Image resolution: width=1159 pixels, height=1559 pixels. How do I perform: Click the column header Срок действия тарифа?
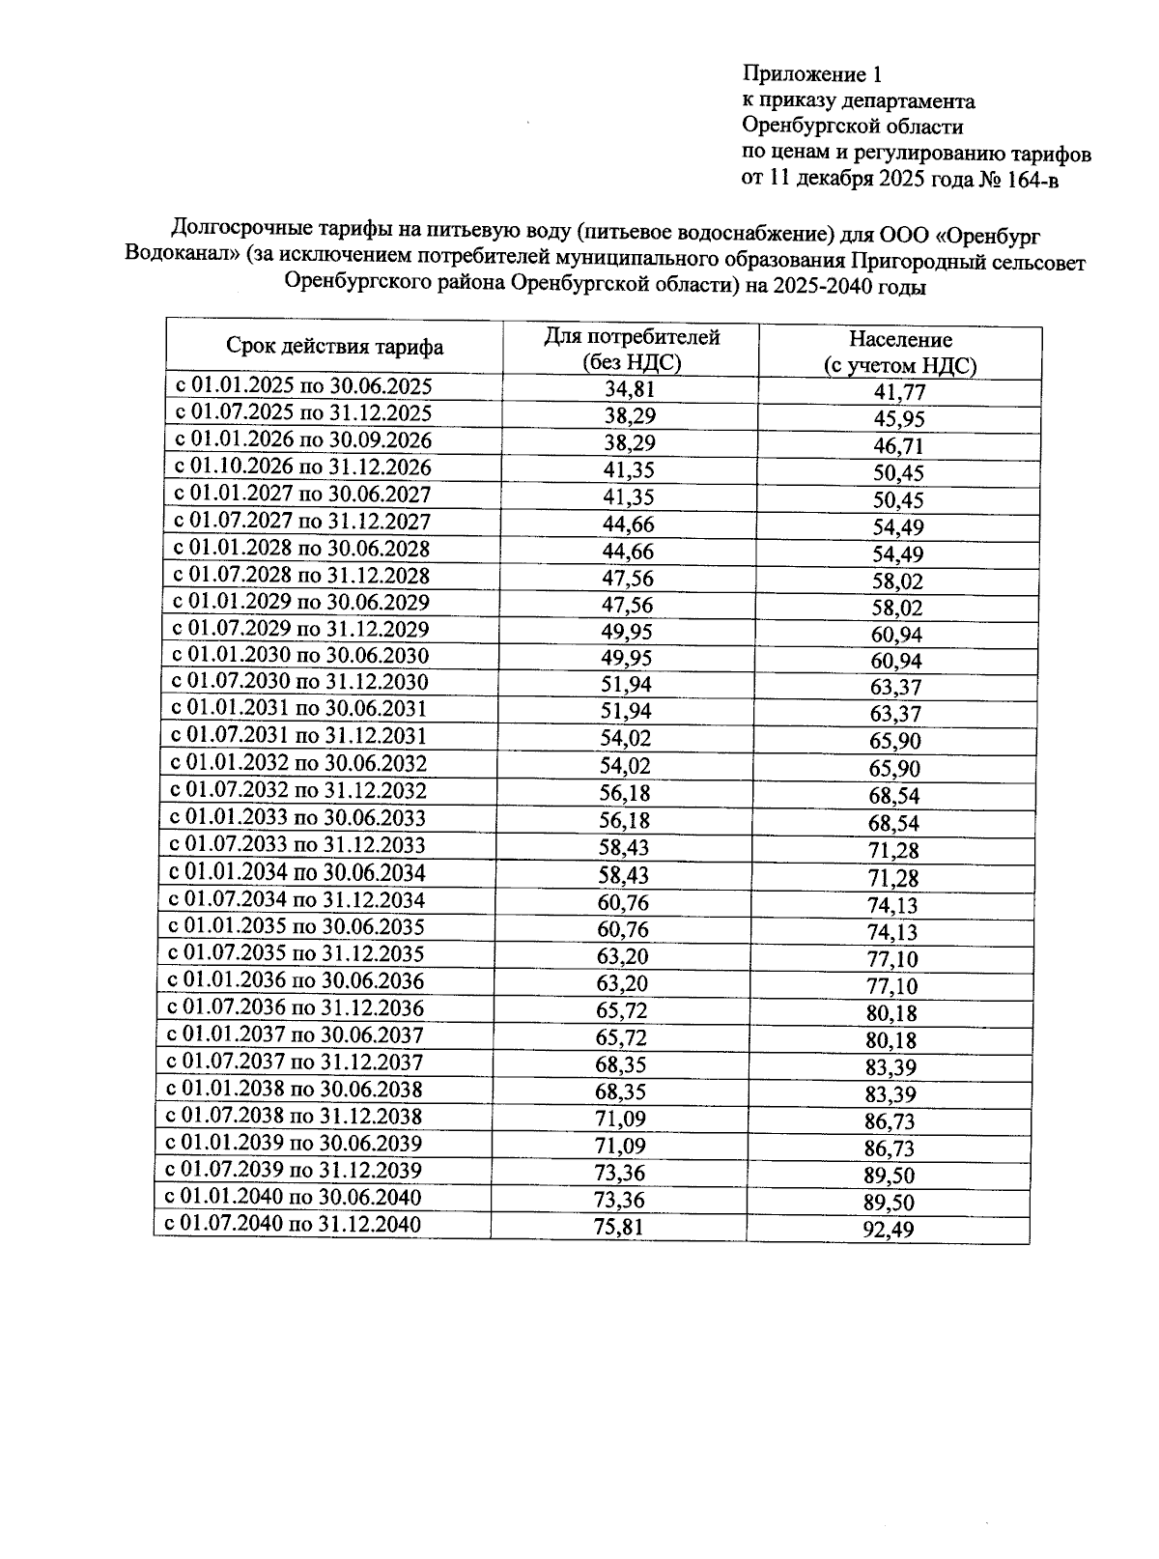click(335, 347)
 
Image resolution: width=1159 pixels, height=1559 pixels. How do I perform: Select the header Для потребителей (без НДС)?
click(632, 350)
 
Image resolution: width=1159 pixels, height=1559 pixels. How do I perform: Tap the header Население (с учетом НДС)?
click(900, 353)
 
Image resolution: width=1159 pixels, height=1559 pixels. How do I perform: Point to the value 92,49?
click(889, 1230)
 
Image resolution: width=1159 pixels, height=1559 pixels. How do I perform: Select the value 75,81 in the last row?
click(618, 1227)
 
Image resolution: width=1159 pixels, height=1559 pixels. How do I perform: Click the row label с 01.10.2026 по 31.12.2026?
click(302, 468)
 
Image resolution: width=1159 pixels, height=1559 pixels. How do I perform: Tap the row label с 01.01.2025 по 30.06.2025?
click(302, 386)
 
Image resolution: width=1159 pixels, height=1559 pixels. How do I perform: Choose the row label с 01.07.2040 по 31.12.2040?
click(293, 1225)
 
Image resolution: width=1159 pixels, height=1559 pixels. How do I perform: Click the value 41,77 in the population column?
click(899, 392)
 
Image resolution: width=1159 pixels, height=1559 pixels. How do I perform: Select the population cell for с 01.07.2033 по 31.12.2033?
click(893, 851)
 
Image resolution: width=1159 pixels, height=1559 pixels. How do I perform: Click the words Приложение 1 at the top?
click(811, 74)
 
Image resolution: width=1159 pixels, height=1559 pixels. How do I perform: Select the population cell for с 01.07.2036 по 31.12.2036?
click(891, 1013)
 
